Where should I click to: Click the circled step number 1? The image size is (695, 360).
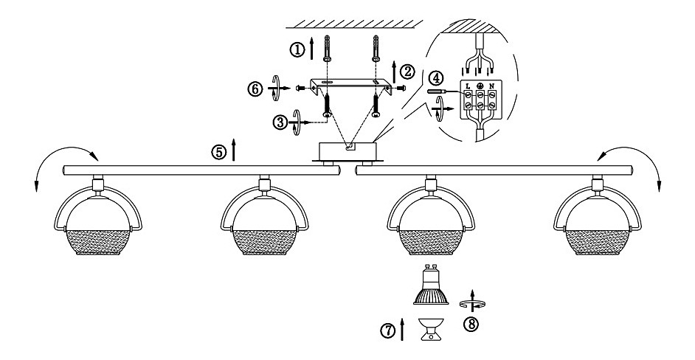[x=297, y=49]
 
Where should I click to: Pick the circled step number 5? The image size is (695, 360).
[x=218, y=153]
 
